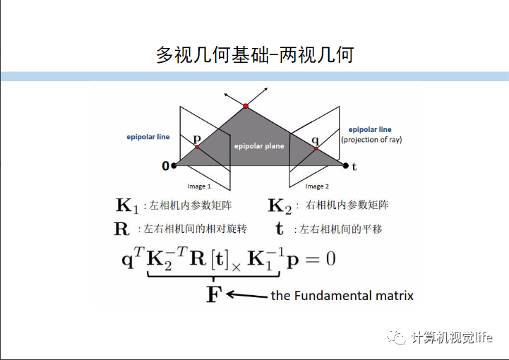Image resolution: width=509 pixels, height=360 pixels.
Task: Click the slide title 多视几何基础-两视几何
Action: [254, 54]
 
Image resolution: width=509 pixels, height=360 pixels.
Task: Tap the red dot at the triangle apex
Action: [246, 106]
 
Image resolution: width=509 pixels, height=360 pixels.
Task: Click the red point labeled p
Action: [198, 147]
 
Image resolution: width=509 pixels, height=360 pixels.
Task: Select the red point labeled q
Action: [316, 149]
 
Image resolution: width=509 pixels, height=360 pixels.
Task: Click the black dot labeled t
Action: [345, 166]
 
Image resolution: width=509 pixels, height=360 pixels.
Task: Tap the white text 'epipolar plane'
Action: [258, 145]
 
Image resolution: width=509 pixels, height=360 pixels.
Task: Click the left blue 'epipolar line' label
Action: [148, 136]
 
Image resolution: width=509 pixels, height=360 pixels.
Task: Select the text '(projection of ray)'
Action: [371, 140]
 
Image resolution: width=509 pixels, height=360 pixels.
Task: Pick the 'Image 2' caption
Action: [317, 186]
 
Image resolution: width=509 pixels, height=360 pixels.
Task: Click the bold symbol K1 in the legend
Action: [127, 206]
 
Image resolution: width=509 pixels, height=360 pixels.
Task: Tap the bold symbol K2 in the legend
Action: [280, 206]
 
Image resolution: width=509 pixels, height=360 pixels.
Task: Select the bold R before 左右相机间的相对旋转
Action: [122, 229]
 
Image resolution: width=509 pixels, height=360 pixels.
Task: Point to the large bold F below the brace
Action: [213, 294]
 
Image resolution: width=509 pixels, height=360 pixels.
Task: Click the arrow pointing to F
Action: [246, 295]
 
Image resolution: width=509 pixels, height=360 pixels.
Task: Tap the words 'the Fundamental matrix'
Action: [342, 295]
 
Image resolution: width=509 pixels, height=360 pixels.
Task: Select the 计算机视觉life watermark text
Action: [452, 338]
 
